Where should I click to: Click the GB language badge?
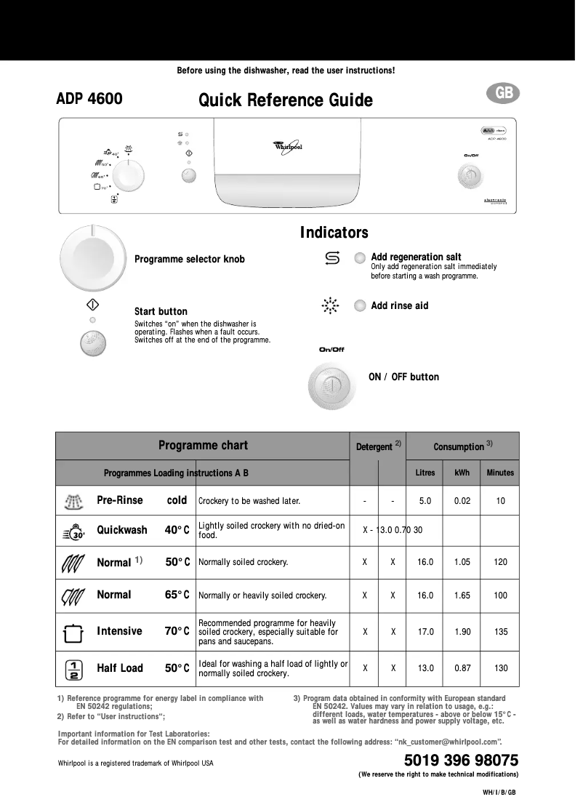pos(504,94)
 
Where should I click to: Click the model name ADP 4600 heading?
pos(89,98)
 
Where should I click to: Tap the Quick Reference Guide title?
pos(286,100)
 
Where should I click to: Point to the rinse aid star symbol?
pos(331,306)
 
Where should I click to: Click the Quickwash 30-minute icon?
pos(75,532)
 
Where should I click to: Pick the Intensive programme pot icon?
pos(73,632)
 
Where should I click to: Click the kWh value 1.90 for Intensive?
pos(462,632)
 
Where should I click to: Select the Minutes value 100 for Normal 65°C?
pos(500,596)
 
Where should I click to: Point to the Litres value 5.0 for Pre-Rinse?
pos(425,501)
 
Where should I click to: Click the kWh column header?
pos(462,473)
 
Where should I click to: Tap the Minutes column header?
pos(500,473)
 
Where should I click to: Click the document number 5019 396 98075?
pos(461,761)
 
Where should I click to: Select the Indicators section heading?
pos(334,233)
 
